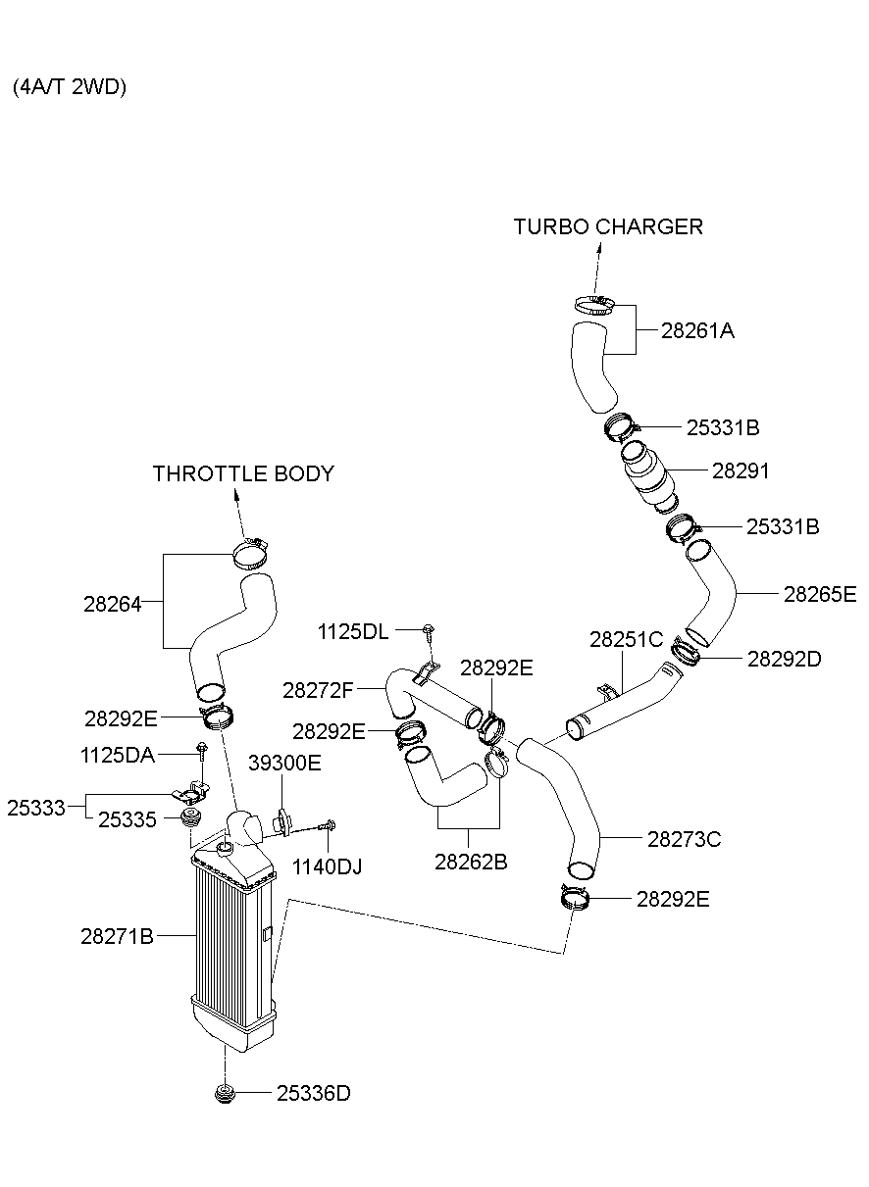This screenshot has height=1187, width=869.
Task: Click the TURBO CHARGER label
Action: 608,226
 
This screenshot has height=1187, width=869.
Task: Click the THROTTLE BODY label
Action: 243,474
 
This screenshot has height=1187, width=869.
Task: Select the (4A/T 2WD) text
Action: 70,87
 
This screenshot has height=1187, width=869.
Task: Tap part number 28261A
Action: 697,330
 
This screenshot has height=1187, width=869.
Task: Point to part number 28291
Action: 741,471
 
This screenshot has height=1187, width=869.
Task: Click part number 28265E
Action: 820,593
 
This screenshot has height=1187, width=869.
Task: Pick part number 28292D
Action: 784,659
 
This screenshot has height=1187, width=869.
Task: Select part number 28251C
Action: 626,640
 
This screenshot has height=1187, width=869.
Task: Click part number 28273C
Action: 684,839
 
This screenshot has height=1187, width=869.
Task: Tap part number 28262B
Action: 471,862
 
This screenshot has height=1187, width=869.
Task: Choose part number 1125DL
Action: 353,632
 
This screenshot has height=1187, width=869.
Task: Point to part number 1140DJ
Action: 328,866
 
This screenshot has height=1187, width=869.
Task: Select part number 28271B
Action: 117,936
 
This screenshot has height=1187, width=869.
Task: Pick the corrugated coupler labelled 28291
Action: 648,476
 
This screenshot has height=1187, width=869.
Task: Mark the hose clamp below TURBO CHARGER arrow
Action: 593,304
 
